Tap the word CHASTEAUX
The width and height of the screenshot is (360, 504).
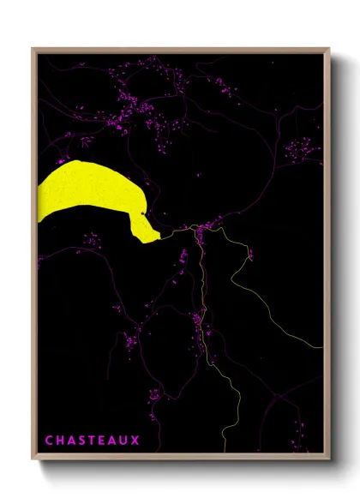click(92, 441)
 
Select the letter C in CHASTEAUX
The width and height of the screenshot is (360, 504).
click(49, 441)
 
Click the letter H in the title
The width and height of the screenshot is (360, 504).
click(60, 441)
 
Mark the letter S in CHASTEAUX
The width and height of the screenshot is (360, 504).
click(81, 441)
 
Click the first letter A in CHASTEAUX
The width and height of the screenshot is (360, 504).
click(70, 441)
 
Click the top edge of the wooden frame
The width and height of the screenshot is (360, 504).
click(180, 50)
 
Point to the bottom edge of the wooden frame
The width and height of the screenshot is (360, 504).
click(180, 457)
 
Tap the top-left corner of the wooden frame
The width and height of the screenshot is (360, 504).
click(33, 50)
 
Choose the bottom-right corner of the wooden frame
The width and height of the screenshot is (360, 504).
click(327, 457)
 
